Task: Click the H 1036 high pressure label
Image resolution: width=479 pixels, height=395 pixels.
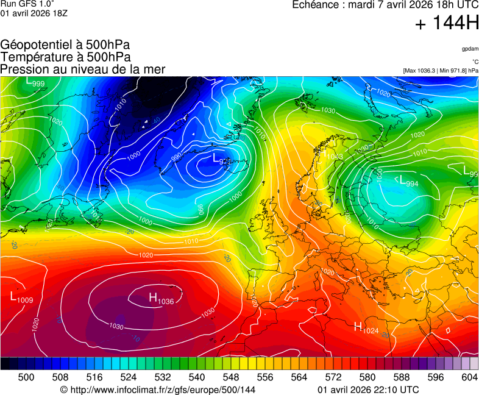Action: coord(161,299)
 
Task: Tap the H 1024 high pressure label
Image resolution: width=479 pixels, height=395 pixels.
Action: coord(366,327)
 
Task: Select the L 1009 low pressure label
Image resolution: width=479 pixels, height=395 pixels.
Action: coord(21,297)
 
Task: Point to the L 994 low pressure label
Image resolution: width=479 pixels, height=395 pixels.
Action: coord(409,180)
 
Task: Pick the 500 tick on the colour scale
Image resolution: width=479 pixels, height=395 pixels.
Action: coord(26,377)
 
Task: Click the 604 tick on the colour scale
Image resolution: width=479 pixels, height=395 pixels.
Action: coord(469,377)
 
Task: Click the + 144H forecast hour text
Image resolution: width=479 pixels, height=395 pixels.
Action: coord(447,24)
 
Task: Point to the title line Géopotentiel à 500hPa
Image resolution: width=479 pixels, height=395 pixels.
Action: coord(65,45)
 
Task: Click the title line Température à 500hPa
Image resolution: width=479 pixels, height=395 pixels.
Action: coord(65,57)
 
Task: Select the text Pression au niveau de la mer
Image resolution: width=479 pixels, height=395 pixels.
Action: coord(82,69)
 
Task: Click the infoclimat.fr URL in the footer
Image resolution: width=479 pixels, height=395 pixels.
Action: coord(158,390)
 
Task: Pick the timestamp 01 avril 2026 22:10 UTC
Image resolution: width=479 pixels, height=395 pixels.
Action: coord(368,390)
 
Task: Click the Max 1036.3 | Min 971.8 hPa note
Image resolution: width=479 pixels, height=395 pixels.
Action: coord(441,71)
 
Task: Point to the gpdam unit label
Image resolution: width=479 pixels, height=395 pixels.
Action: coord(470,49)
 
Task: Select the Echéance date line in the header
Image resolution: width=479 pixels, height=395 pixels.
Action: coord(386,5)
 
